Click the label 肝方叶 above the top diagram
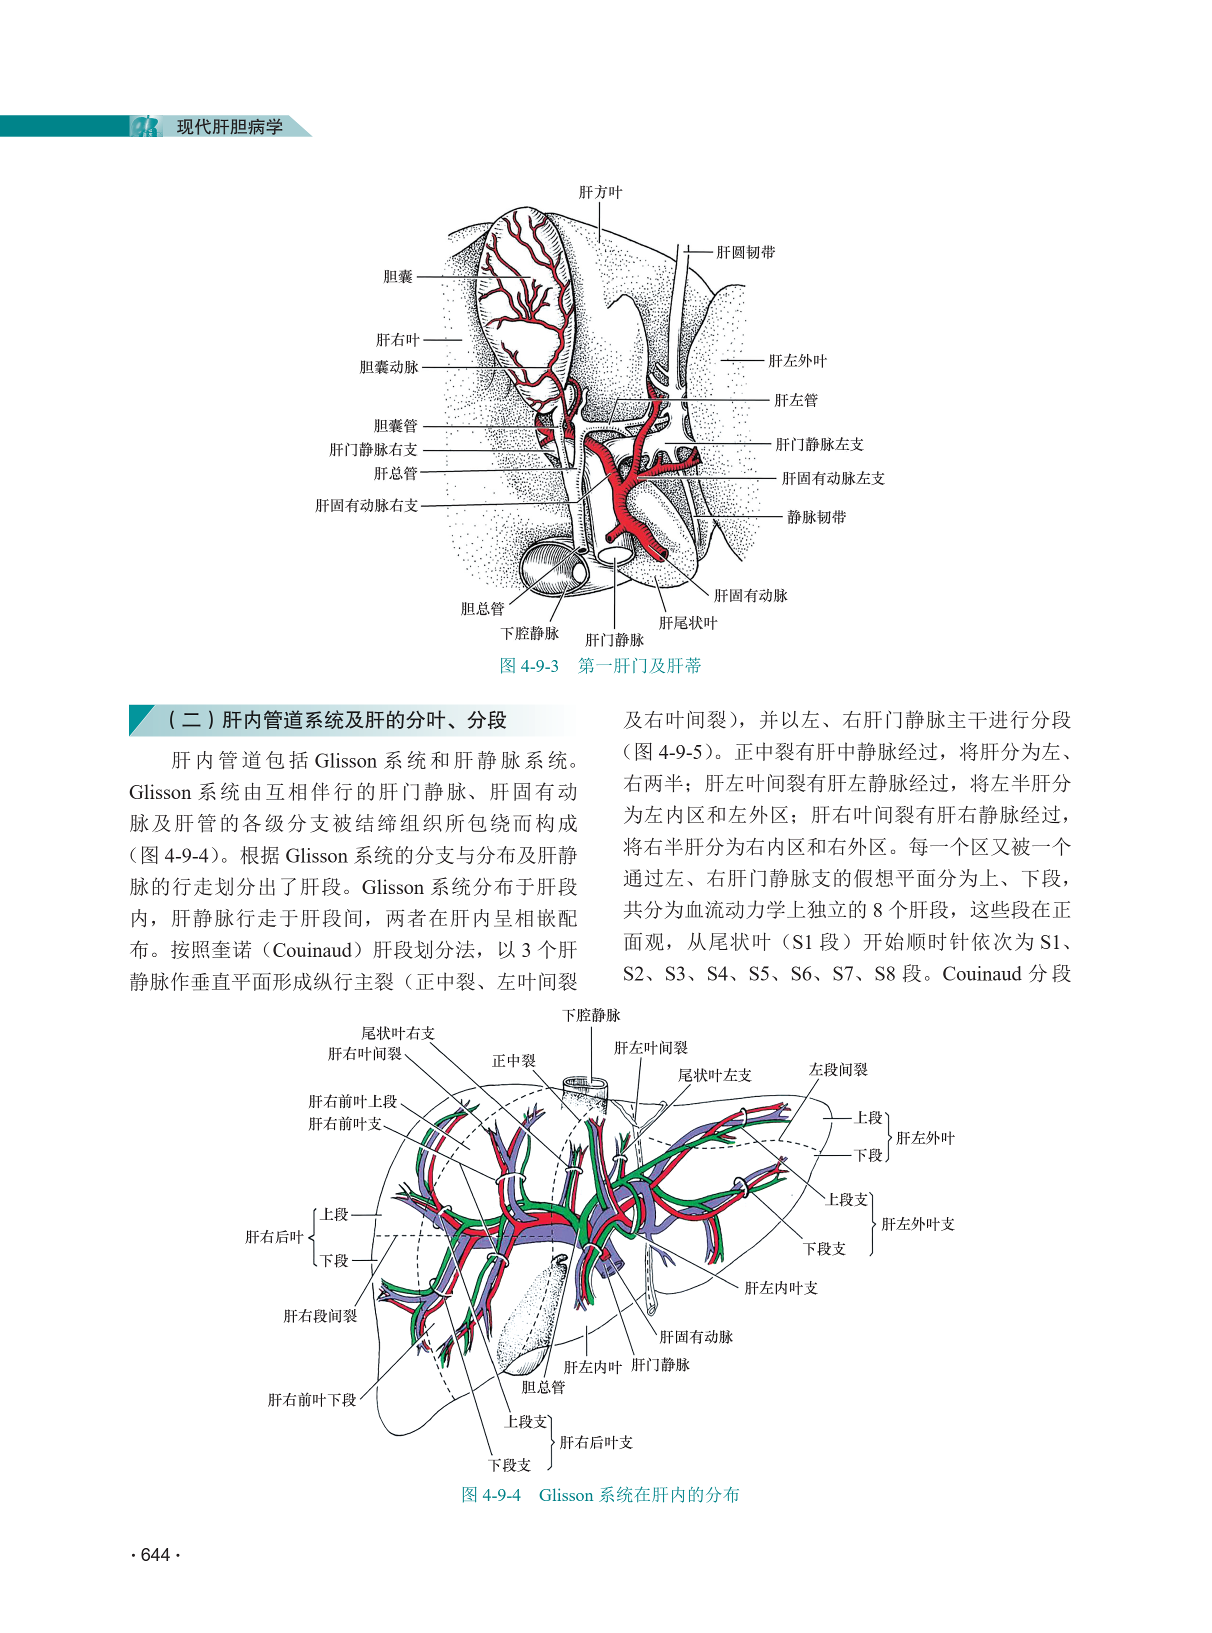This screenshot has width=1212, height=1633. point(599,192)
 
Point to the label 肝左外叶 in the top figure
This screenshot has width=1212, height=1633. point(797,361)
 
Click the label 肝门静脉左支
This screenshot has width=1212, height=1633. point(819,444)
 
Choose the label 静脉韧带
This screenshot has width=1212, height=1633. point(816,517)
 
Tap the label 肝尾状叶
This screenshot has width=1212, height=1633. point(687,623)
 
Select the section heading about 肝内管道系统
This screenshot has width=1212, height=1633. point(337,719)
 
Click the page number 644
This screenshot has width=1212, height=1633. point(155,1554)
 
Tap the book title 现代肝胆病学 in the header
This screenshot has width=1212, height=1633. point(229,127)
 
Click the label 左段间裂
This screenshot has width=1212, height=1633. point(838,1069)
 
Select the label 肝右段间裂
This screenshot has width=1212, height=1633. point(320,1316)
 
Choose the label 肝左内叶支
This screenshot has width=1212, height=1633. point(780,1288)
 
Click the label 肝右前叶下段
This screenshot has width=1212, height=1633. point(312,1399)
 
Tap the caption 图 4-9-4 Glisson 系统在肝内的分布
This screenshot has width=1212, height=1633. point(599,1494)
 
